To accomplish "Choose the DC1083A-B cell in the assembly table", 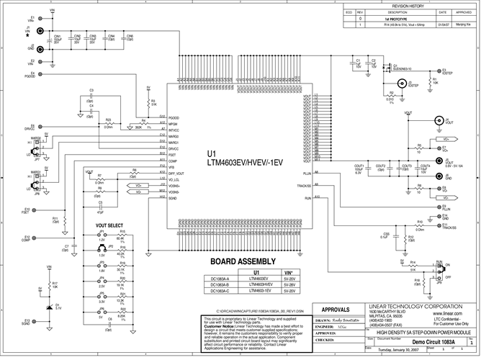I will point(220,284).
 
